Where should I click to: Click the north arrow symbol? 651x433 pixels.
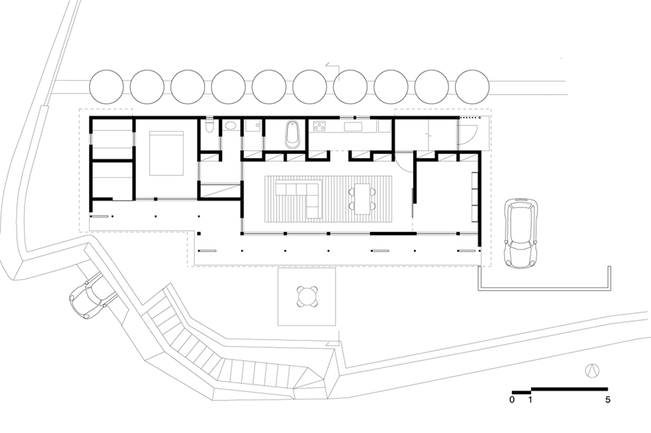[592, 371]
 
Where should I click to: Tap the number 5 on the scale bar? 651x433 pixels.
[608, 400]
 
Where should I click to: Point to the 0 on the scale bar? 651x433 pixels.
[512, 400]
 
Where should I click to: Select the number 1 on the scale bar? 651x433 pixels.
[530, 400]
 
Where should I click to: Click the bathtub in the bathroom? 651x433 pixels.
[292, 133]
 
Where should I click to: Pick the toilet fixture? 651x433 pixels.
[209, 126]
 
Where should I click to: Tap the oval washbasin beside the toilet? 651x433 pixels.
[230, 126]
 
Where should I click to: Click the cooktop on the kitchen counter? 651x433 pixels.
[319, 125]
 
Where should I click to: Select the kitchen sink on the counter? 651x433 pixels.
[353, 126]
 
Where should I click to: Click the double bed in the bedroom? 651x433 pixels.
[166, 153]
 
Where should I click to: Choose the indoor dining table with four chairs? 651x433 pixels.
[362, 198]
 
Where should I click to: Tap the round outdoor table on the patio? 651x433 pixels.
[307, 296]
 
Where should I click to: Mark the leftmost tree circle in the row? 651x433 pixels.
[106, 87]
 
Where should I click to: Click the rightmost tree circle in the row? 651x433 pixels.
[472, 87]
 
